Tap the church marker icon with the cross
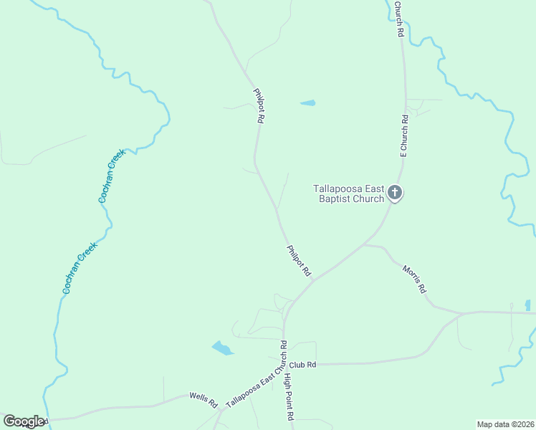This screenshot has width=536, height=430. (x=394, y=193)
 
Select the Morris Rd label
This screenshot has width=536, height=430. (x=414, y=279)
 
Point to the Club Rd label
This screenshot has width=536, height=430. (x=304, y=365)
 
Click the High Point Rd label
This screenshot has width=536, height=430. (x=289, y=396)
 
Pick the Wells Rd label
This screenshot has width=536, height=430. (x=203, y=399)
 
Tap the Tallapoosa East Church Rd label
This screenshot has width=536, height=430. (x=256, y=374)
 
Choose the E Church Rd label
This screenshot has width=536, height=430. (x=404, y=135)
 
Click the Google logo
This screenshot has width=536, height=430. (x=23, y=421)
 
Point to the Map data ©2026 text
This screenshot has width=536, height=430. (x=505, y=424)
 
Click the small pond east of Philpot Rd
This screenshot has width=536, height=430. (x=307, y=103)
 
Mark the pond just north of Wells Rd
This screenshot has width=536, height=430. (x=222, y=348)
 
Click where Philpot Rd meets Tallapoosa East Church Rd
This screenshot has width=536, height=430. (x=313, y=279)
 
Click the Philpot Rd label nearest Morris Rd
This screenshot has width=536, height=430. (x=299, y=261)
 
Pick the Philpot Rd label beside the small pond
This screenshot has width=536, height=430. (x=259, y=106)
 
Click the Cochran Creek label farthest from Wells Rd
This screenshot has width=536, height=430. (x=112, y=176)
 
